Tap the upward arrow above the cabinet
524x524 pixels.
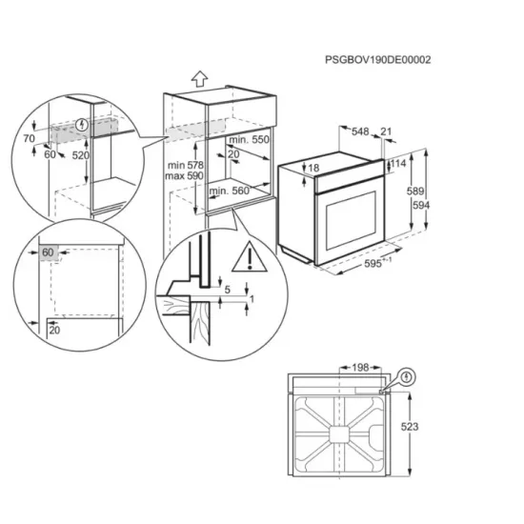coord(199,77)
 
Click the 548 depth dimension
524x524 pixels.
coord(359,132)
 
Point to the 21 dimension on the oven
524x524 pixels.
coord(385,132)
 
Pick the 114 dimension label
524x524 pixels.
coord(398,164)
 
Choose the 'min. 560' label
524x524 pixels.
coord(229,191)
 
